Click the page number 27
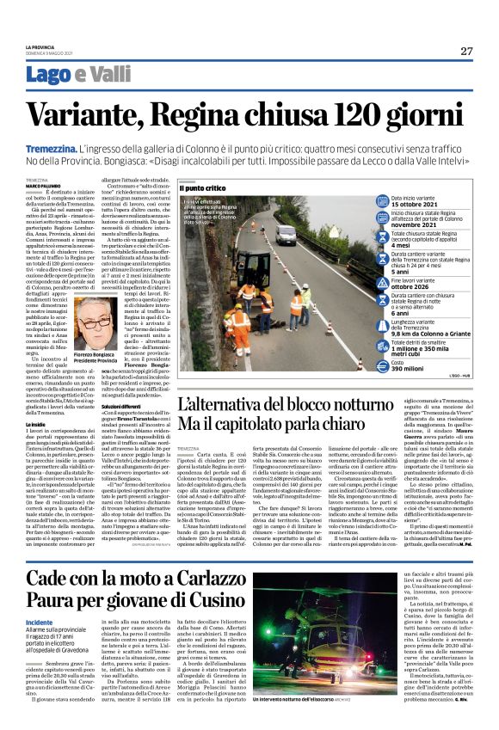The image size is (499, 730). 465,51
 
